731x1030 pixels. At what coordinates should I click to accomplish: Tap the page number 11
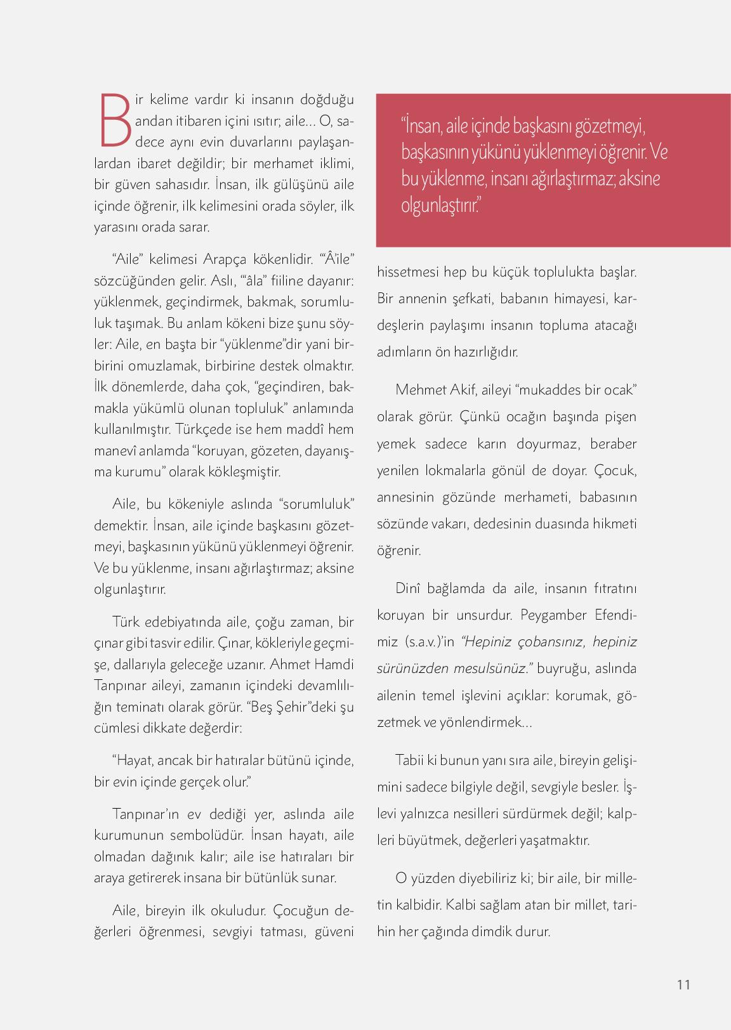pyautogui.click(x=683, y=984)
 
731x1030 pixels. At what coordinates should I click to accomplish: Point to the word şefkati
pyautogui.click(x=474, y=298)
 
